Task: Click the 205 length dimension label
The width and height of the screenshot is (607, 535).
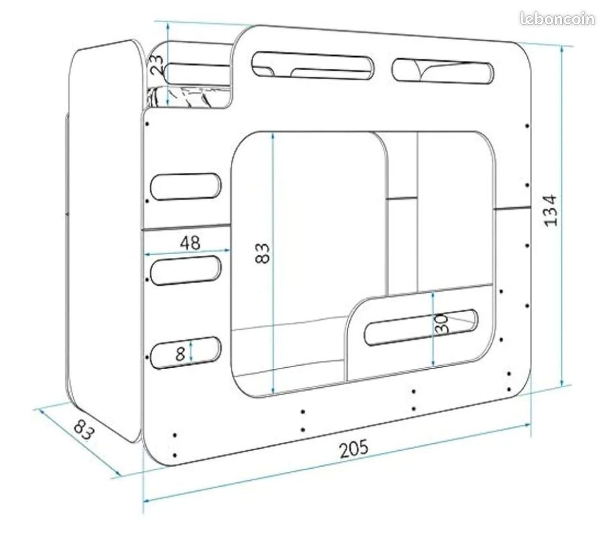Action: pos(354,449)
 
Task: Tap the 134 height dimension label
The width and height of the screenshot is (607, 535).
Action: pos(551,211)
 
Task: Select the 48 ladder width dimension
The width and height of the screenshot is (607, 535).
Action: pos(191,243)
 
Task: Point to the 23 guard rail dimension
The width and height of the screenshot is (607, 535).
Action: pos(157,65)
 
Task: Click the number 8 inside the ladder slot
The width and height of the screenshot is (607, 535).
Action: pos(180,354)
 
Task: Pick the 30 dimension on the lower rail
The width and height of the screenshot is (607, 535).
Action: pos(442,324)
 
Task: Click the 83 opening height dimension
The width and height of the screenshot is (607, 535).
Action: pos(262,253)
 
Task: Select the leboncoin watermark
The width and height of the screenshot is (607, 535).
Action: pos(557,19)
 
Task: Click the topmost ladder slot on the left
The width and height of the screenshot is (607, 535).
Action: pos(185,187)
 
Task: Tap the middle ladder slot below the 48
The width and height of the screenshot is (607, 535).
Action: pos(185,270)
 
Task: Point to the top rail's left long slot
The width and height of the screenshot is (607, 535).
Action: pos(313,66)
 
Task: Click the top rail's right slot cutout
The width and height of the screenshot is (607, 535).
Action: pos(442,72)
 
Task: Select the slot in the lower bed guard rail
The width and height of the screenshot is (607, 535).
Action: pos(421,327)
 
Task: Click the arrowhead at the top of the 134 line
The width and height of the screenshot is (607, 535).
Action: pos(561,49)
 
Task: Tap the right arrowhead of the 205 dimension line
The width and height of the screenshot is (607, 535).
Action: pos(527,425)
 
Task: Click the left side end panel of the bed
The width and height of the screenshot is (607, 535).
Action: pos(104,240)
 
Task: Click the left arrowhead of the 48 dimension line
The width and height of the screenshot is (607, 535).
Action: pos(147,255)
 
